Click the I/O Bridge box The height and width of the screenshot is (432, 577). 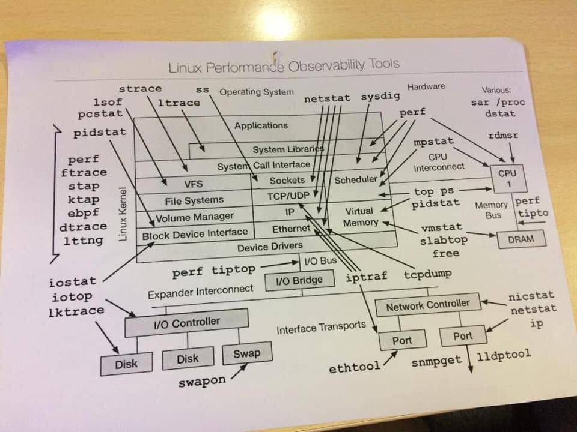coord(299,280)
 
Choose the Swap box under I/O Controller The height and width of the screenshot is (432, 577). coord(246,353)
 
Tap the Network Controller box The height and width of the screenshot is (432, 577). coord(427,305)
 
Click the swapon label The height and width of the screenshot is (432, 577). coord(202,380)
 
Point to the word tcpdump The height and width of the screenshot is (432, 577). coord(427,274)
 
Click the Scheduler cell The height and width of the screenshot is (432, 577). coord(356,179)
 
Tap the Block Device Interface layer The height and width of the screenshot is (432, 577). coord(195,233)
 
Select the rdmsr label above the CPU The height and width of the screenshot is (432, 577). coord(503,136)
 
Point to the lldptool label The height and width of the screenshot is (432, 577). coord(504,355)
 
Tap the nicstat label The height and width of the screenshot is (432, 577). coord(531,296)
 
